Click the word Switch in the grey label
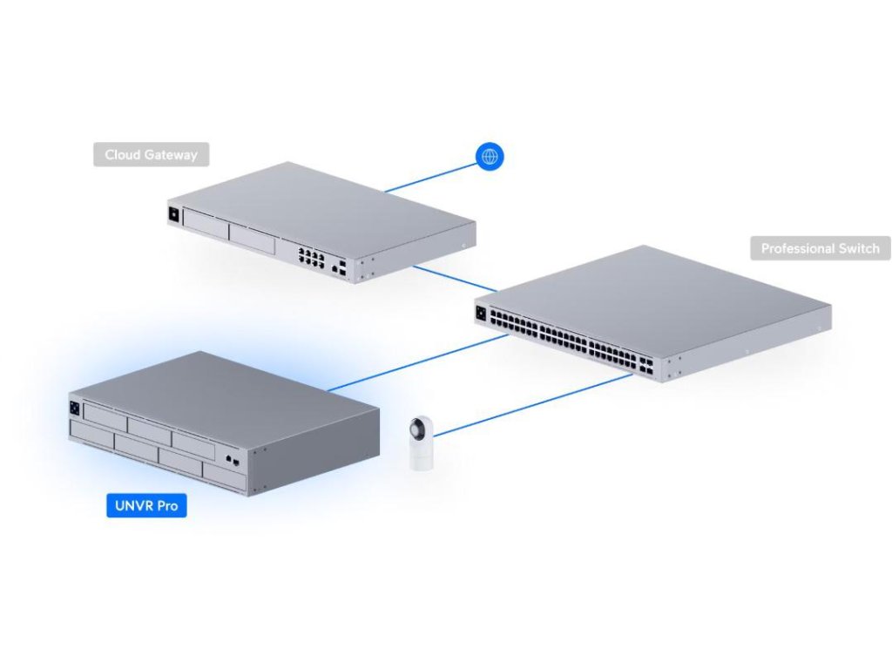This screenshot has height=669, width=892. pyautogui.click(x=861, y=248)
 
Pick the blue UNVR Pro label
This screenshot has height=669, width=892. pyautogui.click(x=146, y=505)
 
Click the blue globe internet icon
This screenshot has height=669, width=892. pyautogui.click(x=490, y=157)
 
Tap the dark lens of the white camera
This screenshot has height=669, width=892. pyautogui.click(x=420, y=429)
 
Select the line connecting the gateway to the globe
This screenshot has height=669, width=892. pyautogui.click(x=431, y=175)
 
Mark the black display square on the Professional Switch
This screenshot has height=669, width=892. pyautogui.click(x=482, y=309)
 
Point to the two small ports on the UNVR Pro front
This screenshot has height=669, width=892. pyautogui.click(x=230, y=459)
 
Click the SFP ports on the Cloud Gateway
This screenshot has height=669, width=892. pyautogui.click(x=342, y=266)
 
